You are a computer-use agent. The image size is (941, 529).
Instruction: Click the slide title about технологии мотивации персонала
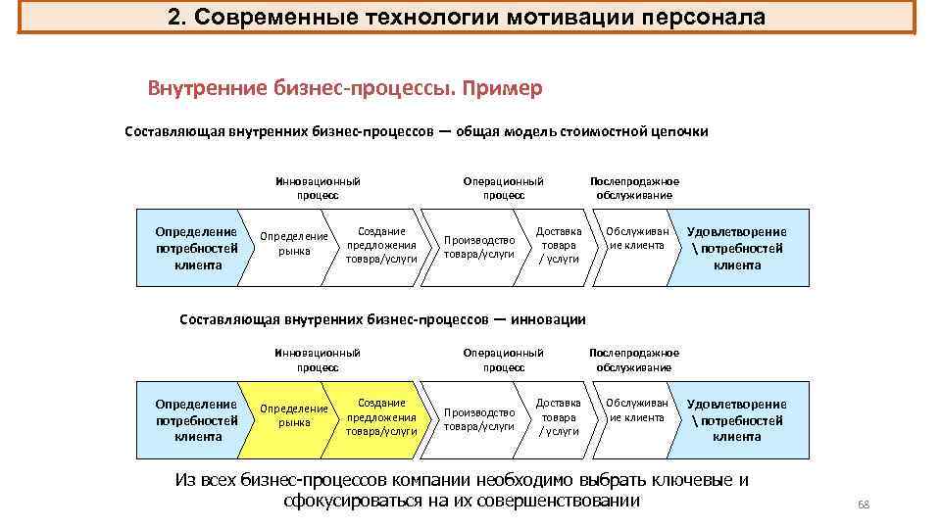coord(466,18)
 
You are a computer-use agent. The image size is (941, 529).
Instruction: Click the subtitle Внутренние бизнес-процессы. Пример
coord(344,88)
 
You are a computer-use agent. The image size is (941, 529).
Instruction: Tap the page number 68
coord(864,505)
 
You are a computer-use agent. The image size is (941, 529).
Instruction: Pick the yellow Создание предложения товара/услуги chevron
coord(381,416)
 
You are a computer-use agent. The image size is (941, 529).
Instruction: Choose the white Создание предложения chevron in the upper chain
coord(381,245)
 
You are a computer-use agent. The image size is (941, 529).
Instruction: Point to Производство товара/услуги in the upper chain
coord(479,246)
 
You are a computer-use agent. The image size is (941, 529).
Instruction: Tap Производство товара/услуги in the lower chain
coord(479,419)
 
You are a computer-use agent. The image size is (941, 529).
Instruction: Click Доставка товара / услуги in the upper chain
coord(559,245)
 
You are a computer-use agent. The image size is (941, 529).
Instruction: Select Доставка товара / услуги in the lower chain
coord(559,416)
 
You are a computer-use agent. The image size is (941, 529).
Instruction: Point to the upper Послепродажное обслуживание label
coord(633,188)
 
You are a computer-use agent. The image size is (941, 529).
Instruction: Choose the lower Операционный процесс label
coord(503,360)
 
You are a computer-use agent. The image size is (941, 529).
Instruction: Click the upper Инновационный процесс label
coord(318,188)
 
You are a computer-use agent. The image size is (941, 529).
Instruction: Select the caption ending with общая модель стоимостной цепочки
coord(416,131)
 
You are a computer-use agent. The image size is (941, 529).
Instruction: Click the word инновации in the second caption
coord(550,318)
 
